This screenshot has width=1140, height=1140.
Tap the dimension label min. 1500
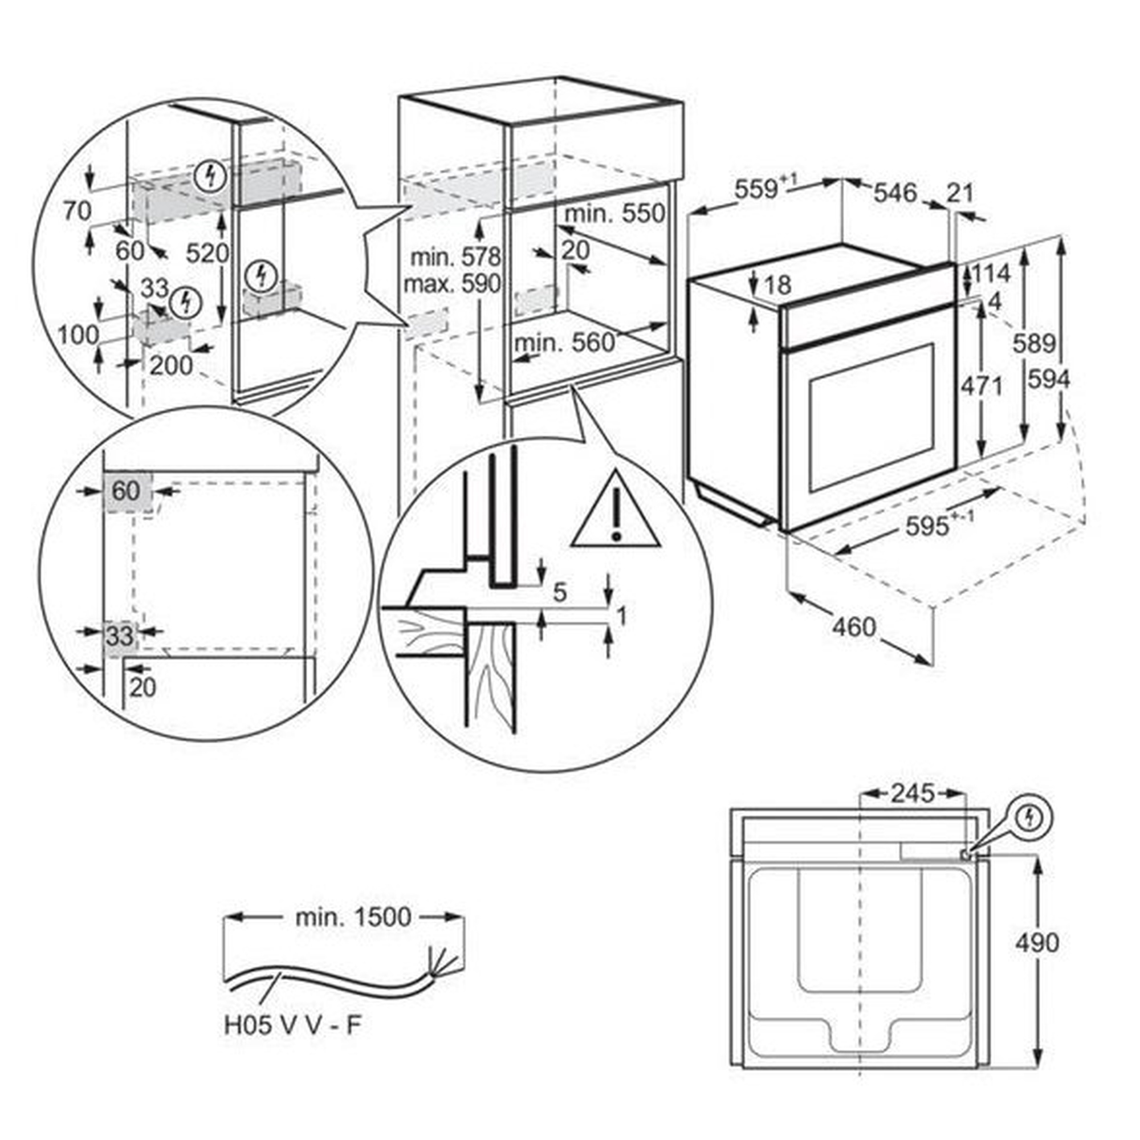click(353, 917)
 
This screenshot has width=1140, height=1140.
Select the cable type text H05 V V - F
click(292, 1025)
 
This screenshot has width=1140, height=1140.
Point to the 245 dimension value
click(913, 793)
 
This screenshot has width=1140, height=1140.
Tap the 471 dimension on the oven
click(982, 386)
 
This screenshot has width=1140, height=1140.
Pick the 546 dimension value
click(895, 193)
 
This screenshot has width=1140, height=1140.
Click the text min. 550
click(615, 214)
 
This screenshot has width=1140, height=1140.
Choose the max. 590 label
click(452, 284)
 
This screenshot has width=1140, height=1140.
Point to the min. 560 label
click(565, 342)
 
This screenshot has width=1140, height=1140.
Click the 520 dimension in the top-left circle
click(207, 253)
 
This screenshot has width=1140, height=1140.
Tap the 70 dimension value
click(78, 211)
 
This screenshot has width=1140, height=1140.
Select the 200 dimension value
click(171, 366)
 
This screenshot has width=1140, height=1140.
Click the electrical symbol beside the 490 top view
click(1029, 818)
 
